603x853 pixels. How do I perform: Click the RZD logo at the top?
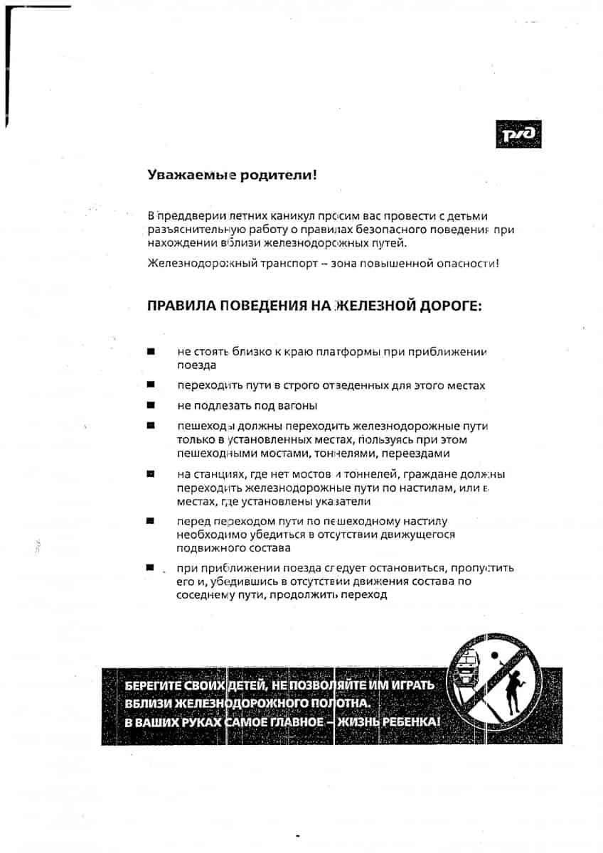pyautogui.click(x=518, y=134)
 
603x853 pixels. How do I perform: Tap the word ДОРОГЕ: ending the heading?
pyautogui.click(x=450, y=306)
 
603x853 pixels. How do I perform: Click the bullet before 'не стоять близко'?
pyautogui.click(x=151, y=352)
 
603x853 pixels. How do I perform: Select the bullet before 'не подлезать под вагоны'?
pyautogui.click(x=151, y=405)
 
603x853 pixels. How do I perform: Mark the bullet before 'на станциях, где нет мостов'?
pyautogui.click(x=151, y=473)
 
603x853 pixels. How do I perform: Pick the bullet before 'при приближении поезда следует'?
pyautogui.click(x=151, y=568)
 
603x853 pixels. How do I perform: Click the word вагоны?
pyautogui.click(x=297, y=406)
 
